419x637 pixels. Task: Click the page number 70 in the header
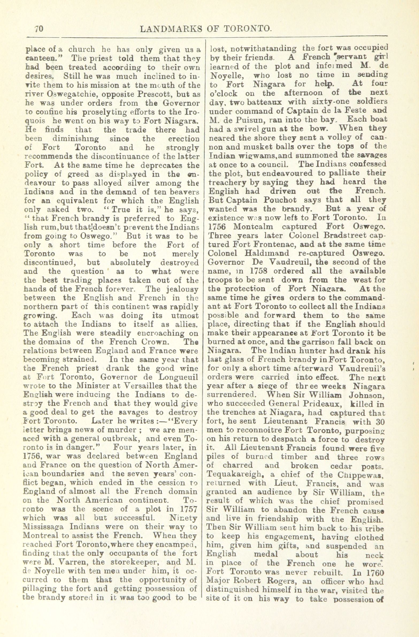click(39, 29)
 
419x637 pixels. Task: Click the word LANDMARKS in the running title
click(171, 29)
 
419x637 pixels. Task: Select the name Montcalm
click(249, 226)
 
